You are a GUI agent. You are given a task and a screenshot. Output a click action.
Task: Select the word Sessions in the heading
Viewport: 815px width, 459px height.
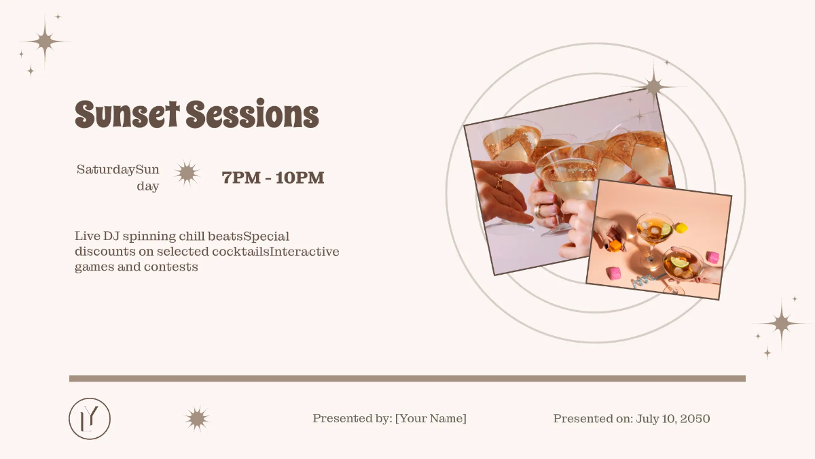coord(253,114)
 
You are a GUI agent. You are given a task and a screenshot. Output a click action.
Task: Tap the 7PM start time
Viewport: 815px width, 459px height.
coord(241,178)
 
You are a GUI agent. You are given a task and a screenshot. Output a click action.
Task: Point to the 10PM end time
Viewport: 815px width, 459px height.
coord(300,178)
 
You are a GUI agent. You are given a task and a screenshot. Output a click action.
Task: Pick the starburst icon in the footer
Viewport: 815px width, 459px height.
coord(197,419)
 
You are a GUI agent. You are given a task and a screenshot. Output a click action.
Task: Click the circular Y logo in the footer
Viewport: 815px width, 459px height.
coord(90,418)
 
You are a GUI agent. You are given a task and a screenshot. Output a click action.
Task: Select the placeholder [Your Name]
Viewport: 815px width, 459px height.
coord(431,419)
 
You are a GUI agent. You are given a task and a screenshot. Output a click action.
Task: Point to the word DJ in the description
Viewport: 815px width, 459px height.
coord(111,237)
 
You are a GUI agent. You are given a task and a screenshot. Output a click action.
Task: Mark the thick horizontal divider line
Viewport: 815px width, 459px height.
coord(407,379)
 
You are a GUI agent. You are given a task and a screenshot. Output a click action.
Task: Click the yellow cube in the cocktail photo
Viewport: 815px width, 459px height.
coord(681,228)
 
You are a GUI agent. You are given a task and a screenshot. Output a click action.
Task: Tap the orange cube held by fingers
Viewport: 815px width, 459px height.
coord(615,245)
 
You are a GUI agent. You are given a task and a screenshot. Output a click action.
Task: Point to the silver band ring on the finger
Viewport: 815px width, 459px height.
coord(539,211)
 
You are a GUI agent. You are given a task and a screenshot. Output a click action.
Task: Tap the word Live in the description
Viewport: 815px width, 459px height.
coord(87,237)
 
